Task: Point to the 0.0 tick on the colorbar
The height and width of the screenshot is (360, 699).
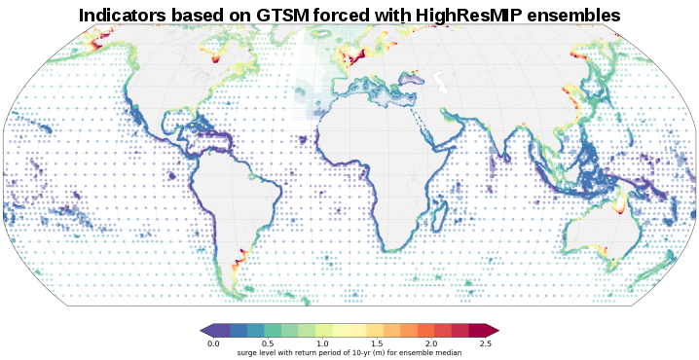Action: tap(213, 343)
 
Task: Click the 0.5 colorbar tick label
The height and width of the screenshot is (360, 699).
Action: tap(268, 343)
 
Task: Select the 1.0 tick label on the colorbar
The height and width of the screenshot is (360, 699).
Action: tap(322, 343)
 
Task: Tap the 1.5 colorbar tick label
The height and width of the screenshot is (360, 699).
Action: tap(376, 343)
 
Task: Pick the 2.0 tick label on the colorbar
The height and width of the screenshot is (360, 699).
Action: tap(430, 343)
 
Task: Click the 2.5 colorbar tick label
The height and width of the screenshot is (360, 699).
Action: tap(485, 343)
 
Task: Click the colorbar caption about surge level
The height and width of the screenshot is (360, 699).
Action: tap(349, 352)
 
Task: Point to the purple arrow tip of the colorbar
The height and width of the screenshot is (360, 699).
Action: tap(205, 331)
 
